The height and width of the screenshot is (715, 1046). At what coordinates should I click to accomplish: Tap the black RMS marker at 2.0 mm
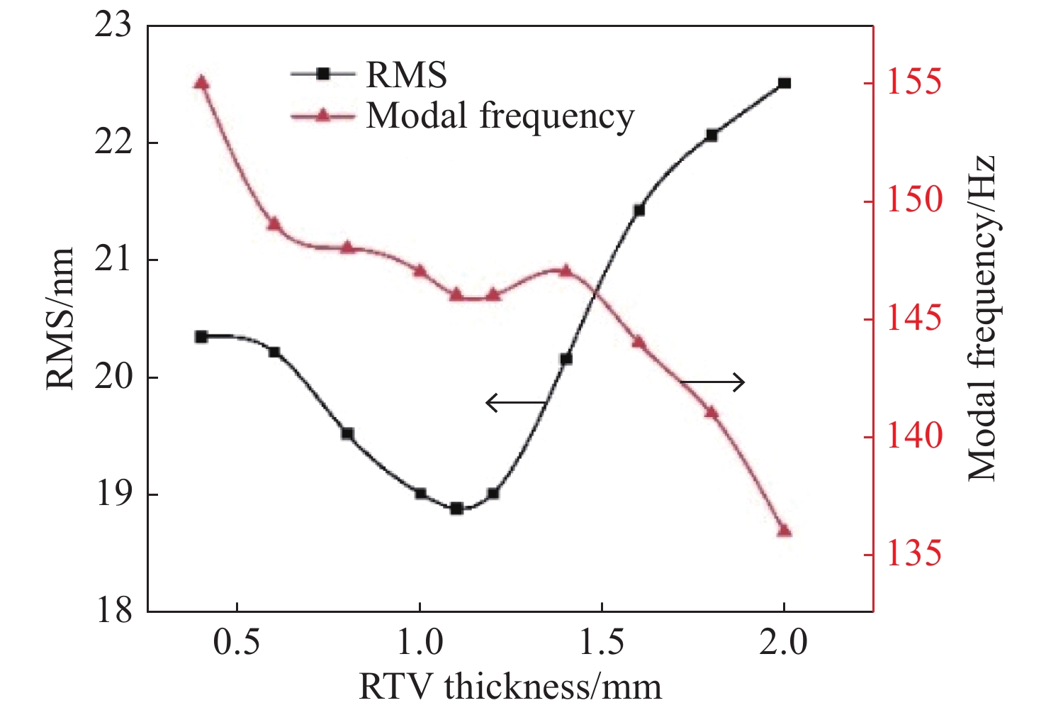coord(784,83)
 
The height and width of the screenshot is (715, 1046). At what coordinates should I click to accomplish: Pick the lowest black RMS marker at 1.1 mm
coord(456,508)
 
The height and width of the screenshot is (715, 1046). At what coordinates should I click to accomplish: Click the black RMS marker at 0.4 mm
coord(201,336)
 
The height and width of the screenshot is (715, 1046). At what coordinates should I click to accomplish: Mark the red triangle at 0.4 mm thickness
coord(201,83)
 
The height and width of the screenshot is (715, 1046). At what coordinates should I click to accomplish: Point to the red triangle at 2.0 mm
coord(784,530)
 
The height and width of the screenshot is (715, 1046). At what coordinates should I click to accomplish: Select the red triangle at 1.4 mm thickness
coord(566,270)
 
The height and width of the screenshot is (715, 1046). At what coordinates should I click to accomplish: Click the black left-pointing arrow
coord(515,403)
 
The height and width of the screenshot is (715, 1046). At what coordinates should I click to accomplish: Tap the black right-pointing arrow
coord(713,383)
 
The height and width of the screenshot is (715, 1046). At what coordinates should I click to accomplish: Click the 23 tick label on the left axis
coord(113,26)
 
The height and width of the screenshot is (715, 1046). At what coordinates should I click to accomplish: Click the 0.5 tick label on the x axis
coord(236,643)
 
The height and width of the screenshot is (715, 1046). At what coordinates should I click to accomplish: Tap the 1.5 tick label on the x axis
coord(602,643)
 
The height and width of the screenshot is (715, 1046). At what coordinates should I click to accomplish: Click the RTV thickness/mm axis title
coord(510,687)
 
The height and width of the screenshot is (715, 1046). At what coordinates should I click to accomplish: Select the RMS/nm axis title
coord(61,318)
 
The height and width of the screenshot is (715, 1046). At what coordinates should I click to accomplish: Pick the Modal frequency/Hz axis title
coord(983,318)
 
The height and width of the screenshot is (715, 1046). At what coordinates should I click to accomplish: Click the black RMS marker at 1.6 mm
coord(639,210)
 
